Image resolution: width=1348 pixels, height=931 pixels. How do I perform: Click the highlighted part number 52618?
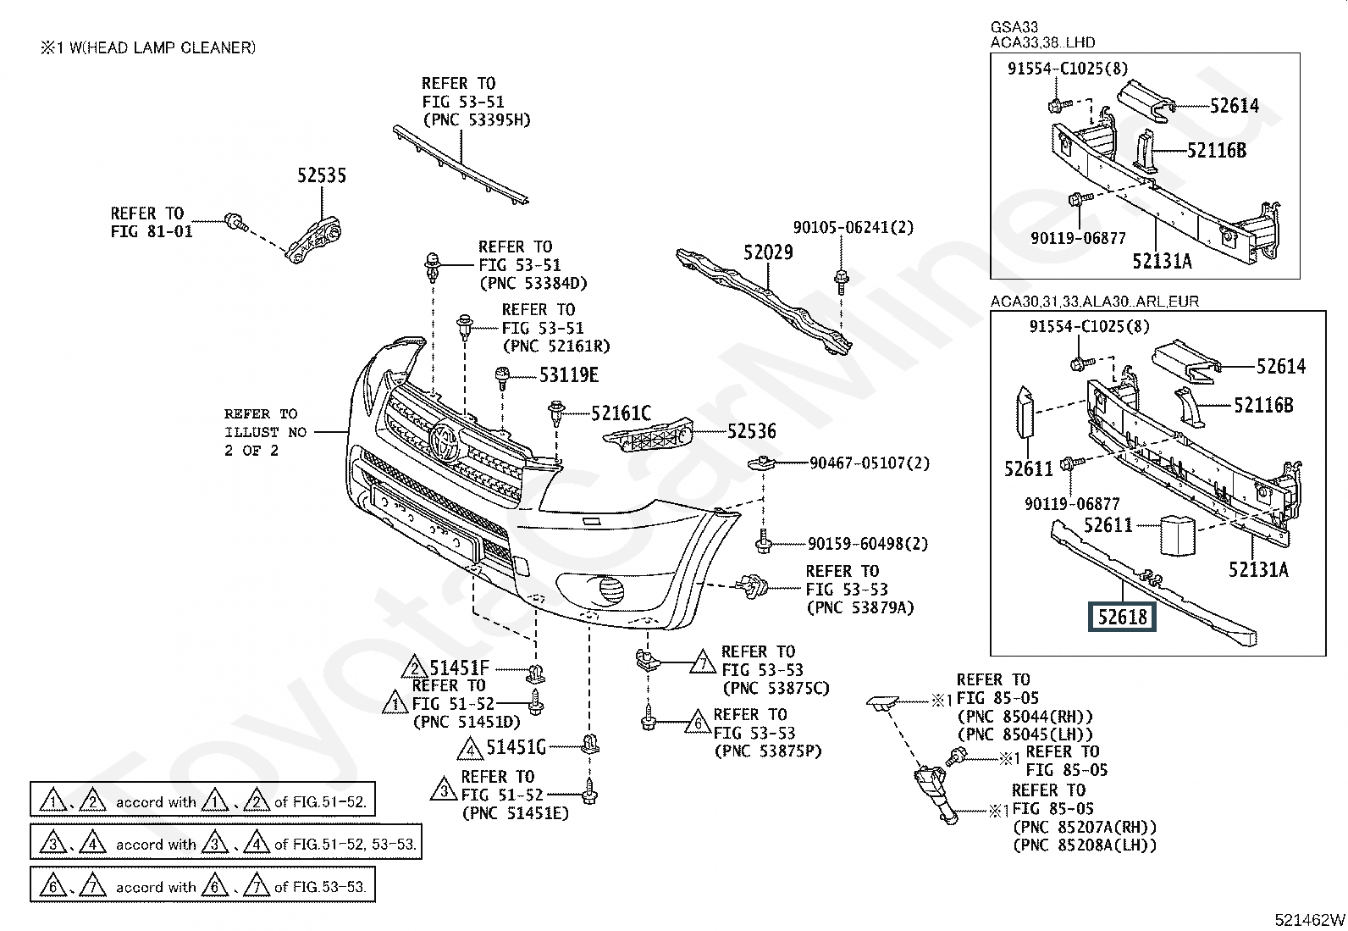(1122, 618)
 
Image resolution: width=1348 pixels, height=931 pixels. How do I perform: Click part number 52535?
(322, 175)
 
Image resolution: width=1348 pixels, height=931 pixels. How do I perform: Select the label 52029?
(768, 252)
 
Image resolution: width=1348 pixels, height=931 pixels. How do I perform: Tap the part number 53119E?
(569, 375)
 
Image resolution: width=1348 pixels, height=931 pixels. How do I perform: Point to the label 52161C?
(621, 413)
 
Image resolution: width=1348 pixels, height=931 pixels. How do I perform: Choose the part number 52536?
(752, 431)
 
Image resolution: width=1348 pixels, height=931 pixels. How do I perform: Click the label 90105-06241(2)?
(854, 227)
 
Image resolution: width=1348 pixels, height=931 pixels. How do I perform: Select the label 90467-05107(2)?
(870, 463)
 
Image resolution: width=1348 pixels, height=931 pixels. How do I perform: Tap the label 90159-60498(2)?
(868, 544)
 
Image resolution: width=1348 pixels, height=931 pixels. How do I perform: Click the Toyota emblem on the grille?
(445, 441)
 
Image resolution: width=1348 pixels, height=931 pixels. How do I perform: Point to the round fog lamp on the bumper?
(610, 589)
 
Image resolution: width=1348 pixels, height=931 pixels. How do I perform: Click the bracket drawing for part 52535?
(313, 241)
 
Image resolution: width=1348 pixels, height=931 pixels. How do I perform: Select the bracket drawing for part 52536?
(648, 435)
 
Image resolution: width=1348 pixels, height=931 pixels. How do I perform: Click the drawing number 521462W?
(1309, 919)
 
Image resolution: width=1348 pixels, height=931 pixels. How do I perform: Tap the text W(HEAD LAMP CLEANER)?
(163, 47)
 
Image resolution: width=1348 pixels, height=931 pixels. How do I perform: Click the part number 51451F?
(459, 668)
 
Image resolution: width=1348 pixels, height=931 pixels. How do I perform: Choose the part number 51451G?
(517, 747)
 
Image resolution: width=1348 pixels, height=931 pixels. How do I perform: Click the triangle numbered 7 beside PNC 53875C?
(703, 662)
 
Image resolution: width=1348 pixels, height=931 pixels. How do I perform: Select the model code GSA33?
(1014, 27)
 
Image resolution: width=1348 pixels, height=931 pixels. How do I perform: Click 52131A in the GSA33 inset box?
(1162, 261)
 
